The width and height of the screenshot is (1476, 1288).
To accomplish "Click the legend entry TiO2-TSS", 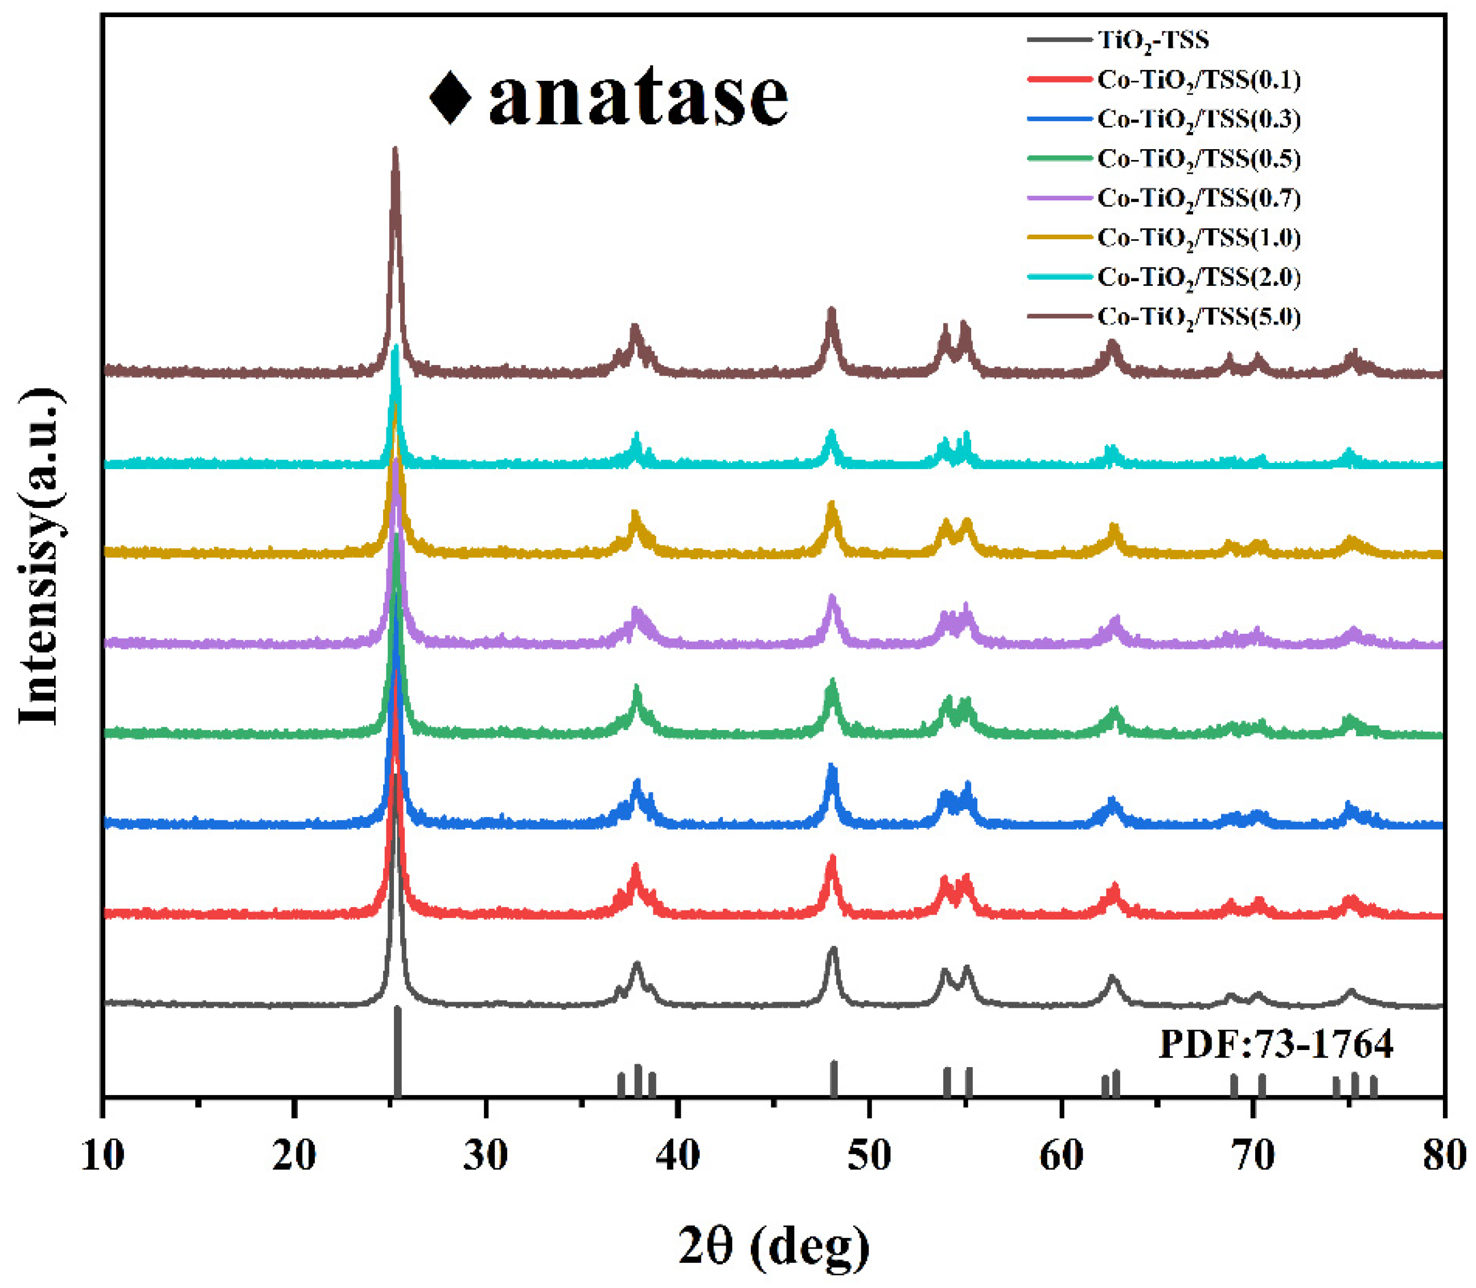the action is (x=1153, y=40).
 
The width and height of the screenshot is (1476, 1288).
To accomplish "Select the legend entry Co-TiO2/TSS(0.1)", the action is (x=1199, y=80).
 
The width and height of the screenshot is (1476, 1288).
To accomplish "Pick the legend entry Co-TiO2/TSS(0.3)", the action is (x=1199, y=120).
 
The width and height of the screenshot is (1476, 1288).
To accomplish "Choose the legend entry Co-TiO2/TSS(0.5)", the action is (x=1199, y=159).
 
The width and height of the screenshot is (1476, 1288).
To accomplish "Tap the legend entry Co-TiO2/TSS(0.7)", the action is (x=1199, y=198).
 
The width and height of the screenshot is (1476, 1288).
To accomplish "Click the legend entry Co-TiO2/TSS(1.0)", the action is (x=1199, y=238).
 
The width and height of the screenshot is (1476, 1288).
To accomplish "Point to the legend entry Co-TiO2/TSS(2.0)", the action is (x=1199, y=277).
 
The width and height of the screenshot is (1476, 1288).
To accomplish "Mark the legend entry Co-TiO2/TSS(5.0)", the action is (x=1199, y=317).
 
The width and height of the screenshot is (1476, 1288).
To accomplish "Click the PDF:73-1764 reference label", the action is (x=1276, y=1044).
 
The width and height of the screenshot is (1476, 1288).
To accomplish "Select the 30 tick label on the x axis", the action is (x=486, y=1156).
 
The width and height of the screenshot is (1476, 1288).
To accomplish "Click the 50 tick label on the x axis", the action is (x=870, y=1156).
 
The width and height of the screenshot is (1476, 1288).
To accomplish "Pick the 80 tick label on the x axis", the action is (x=1444, y=1156).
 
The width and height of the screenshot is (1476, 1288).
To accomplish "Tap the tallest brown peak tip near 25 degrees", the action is (x=394, y=150).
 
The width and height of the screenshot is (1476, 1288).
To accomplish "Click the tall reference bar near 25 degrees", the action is (x=397, y=1053).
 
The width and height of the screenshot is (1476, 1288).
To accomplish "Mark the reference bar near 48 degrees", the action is (x=833, y=1078).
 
